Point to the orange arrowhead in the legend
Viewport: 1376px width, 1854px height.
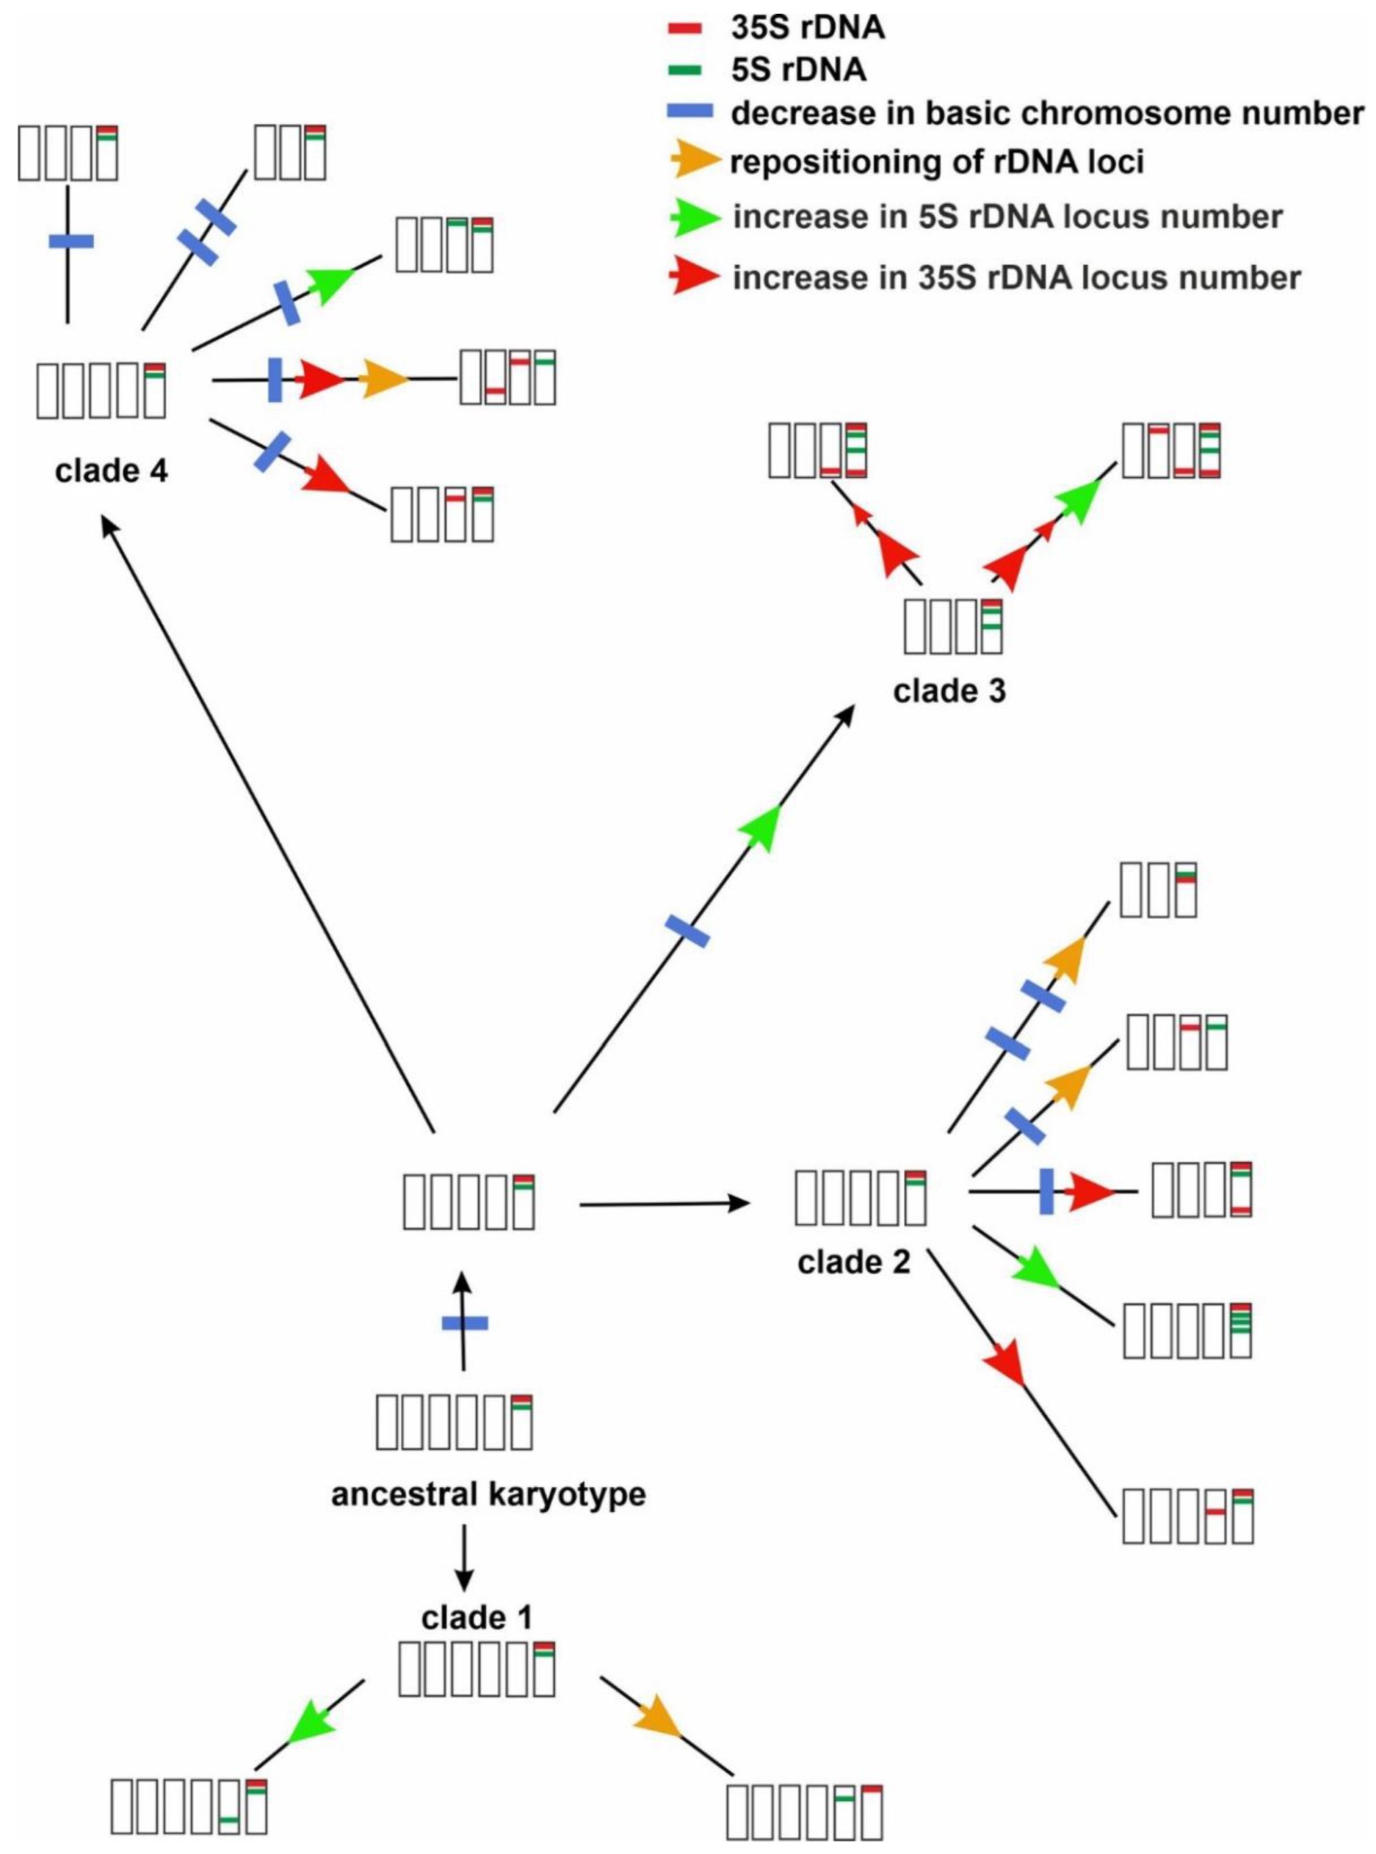click(x=693, y=161)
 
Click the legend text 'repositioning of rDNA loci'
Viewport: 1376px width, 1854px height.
click(x=936, y=162)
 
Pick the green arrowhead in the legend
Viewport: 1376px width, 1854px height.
click(x=694, y=217)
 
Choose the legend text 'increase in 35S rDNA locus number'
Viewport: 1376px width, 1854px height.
click(x=1016, y=277)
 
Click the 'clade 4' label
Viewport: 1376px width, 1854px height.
click(x=111, y=471)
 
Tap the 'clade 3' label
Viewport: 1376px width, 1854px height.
click(x=949, y=691)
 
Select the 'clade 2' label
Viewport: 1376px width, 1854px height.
click(x=854, y=1263)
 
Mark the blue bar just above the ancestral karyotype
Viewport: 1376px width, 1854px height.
click(x=464, y=1323)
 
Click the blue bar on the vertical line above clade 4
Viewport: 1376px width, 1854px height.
click(x=71, y=241)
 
